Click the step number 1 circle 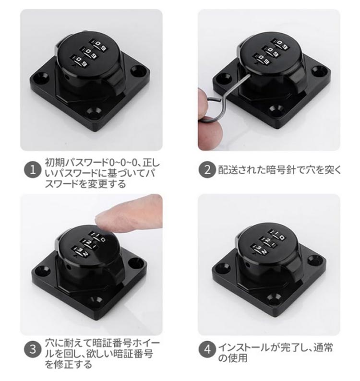[32, 169]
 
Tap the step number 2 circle [207, 169]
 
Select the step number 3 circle [32, 349]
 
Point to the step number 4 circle [207, 349]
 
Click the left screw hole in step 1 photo [39, 78]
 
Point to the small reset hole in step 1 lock [67, 78]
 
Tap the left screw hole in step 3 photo [39, 269]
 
